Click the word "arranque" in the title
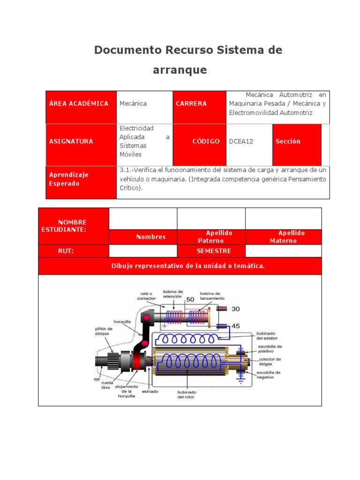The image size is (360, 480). click(180, 70)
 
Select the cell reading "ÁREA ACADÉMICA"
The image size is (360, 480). click(79, 104)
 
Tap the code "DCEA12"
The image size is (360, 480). click(241, 141)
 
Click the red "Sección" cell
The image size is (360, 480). click(288, 141)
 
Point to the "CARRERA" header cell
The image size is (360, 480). click(191, 104)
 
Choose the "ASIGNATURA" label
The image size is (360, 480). click(71, 141)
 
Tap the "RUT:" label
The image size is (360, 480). click(66, 251)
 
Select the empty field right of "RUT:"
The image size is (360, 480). click(142, 251)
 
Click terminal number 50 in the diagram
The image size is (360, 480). click(190, 299)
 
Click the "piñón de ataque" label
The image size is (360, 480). click(104, 331)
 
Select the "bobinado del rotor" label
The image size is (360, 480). click(187, 394)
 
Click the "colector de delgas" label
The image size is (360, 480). click(270, 362)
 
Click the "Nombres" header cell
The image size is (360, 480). click(151, 237)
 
